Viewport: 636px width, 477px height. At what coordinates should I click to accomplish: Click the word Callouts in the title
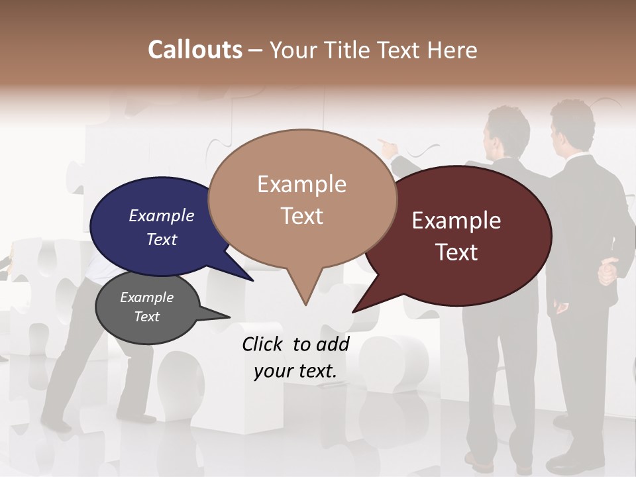pyautogui.click(x=195, y=50)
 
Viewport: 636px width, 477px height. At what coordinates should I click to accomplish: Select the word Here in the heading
pyautogui.click(x=451, y=50)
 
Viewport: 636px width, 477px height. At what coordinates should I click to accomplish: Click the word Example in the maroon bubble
pyautogui.click(x=456, y=221)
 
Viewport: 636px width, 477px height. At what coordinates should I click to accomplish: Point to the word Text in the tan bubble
pyautogui.click(x=302, y=216)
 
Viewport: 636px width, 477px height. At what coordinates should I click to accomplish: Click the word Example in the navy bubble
pyautogui.click(x=162, y=216)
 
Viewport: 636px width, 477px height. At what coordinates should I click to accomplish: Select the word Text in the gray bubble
pyautogui.click(x=147, y=317)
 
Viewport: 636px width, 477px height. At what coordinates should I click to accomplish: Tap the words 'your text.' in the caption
pyautogui.click(x=295, y=371)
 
